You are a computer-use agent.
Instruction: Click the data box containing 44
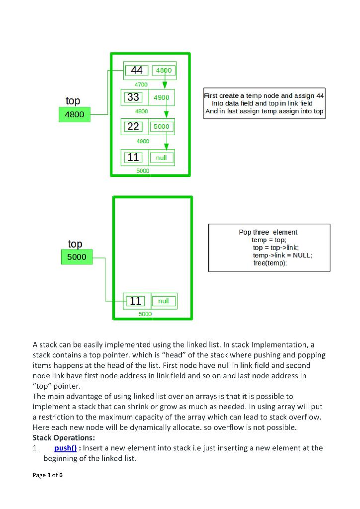click(137, 71)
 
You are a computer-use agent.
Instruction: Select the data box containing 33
click(133, 97)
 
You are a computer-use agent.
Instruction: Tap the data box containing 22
click(133, 126)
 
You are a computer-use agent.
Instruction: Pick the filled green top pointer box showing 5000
click(77, 257)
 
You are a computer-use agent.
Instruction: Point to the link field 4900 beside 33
click(162, 97)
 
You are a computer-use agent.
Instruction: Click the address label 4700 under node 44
click(141, 85)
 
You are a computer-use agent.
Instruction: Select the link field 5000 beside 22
click(162, 127)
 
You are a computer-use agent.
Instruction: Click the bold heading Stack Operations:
click(64, 438)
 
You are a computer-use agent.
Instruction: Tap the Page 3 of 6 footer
click(48, 475)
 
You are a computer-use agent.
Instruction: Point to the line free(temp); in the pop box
click(270, 263)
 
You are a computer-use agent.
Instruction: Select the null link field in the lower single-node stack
click(164, 301)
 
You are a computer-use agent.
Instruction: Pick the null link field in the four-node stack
click(161, 158)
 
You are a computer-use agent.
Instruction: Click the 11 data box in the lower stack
click(136, 301)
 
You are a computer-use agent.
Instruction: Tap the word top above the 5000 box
click(75, 244)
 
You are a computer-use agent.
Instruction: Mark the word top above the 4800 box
click(73, 101)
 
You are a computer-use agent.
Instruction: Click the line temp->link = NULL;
click(282, 255)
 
